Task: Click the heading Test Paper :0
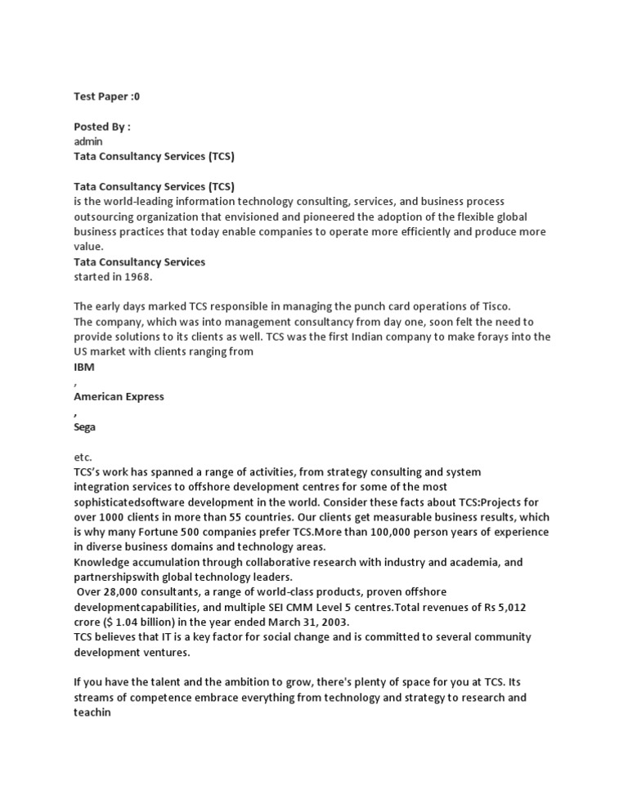click(107, 96)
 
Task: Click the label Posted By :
click(102, 127)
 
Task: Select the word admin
click(88, 141)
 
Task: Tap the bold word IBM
click(84, 368)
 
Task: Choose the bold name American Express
click(119, 397)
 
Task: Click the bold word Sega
click(85, 427)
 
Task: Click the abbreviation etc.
click(83, 457)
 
